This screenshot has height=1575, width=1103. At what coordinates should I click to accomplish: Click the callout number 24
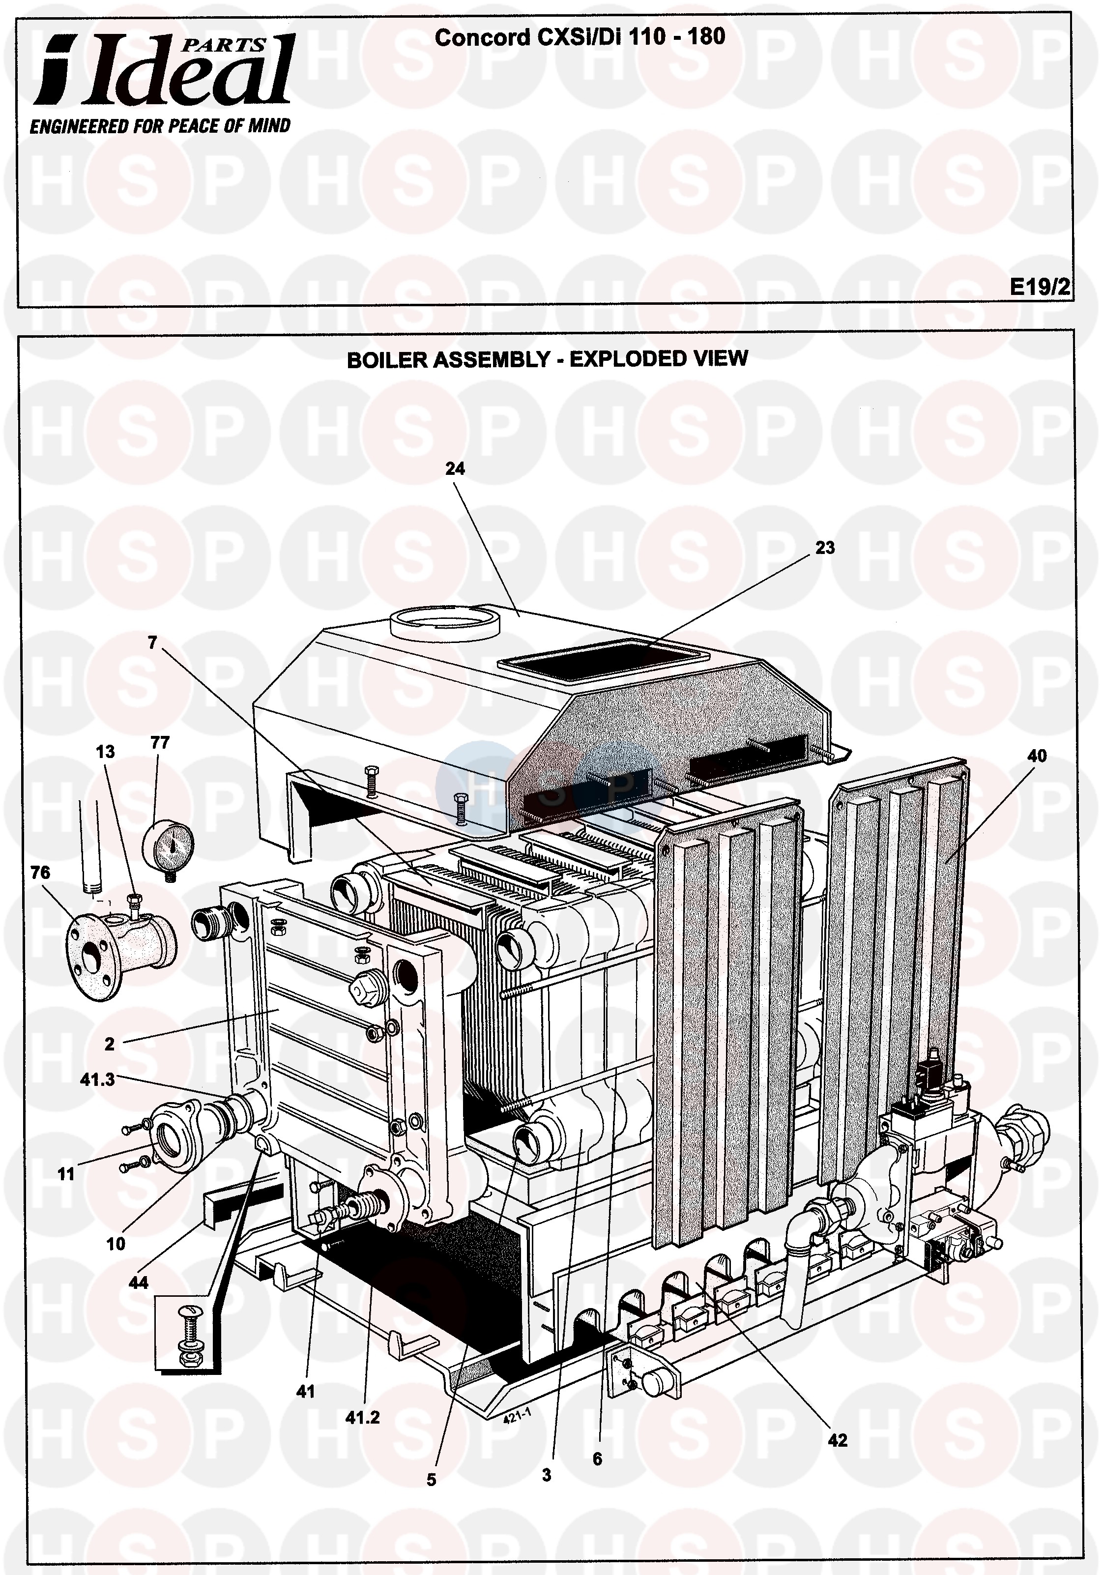click(455, 468)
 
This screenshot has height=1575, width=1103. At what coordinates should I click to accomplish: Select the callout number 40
click(1037, 756)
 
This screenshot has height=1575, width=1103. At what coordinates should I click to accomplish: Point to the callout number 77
click(160, 743)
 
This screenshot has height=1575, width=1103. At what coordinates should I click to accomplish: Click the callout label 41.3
click(97, 1079)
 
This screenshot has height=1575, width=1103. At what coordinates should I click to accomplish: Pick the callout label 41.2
click(362, 1417)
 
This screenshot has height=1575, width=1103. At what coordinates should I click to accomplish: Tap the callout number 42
click(838, 1440)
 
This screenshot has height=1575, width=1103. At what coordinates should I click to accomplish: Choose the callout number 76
click(40, 873)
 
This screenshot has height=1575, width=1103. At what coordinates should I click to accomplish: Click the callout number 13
click(105, 752)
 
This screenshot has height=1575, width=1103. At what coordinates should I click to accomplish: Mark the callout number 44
click(139, 1282)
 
